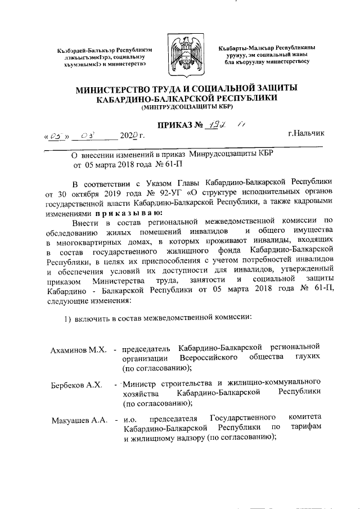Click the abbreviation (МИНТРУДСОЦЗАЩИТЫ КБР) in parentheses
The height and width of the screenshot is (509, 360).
click(179, 106)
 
